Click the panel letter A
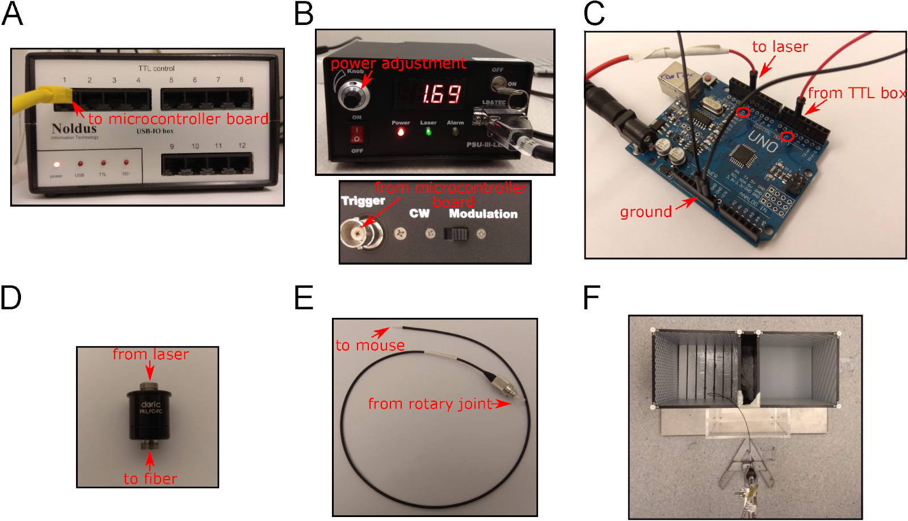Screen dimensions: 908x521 tap(12, 14)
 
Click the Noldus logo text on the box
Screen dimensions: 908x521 tap(74, 128)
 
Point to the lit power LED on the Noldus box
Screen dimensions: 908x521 tap(57, 165)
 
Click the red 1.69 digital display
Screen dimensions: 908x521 tap(440, 94)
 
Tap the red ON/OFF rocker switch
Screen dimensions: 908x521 tap(356, 134)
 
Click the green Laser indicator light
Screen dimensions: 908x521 tap(428, 132)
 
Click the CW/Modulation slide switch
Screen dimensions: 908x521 tap(455, 234)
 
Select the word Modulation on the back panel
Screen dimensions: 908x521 tap(483, 214)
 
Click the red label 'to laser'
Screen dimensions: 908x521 tap(780, 47)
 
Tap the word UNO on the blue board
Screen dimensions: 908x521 tap(763, 142)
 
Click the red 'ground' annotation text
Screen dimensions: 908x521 tap(646, 212)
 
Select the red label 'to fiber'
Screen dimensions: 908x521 tap(150, 479)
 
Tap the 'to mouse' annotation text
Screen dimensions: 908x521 tap(370, 345)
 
